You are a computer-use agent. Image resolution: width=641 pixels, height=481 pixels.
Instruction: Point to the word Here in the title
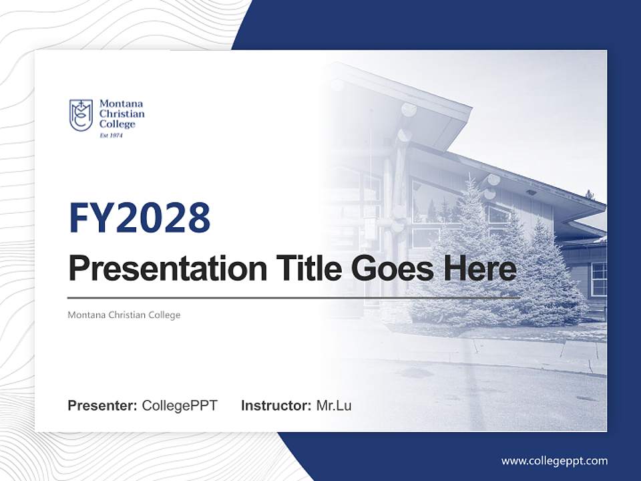click(x=482, y=269)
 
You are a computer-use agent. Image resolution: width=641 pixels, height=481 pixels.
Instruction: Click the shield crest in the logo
click(x=81, y=115)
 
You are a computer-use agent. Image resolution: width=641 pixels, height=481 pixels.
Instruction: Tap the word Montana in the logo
click(x=121, y=104)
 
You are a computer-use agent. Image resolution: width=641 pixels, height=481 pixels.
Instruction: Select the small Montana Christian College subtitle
click(x=124, y=315)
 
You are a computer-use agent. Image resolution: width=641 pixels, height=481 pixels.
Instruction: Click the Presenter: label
click(x=102, y=406)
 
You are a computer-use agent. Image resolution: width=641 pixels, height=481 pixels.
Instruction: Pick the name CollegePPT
click(x=180, y=406)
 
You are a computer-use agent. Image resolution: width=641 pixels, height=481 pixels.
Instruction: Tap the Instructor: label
click(x=276, y=406)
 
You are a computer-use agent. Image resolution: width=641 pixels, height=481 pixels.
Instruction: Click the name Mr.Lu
click(x=334, y=406)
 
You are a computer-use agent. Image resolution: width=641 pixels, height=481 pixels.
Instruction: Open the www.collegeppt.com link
click(x=554, y=461)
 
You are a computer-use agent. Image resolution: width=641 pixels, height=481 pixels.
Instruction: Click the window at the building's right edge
click(x=598, y=279)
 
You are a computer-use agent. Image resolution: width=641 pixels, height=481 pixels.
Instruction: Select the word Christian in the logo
click(x=122, y=114)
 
